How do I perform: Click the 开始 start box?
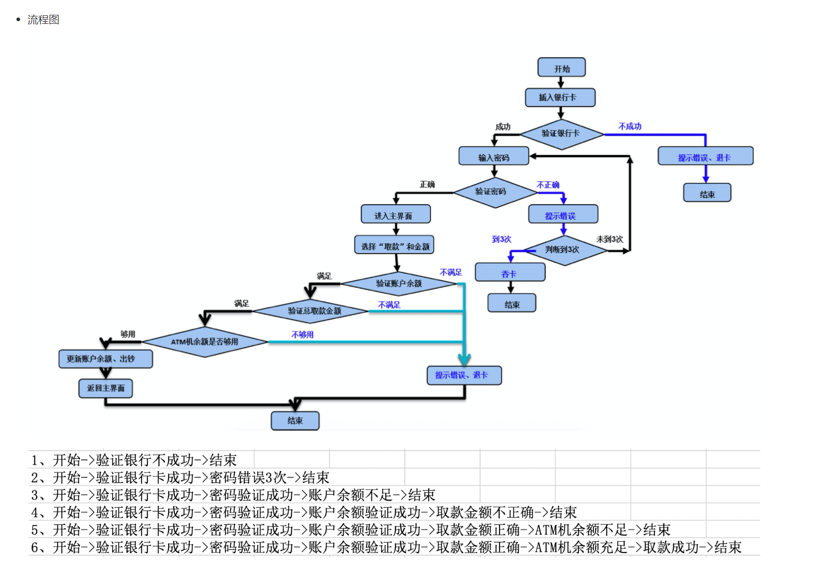tap(561, 68)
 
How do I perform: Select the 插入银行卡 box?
tap(559, 98)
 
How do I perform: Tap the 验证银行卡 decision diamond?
tap(561, 134)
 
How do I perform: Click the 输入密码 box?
tap(493, 156)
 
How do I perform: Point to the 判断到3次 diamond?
tap(563, 250)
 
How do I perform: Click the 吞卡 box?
tap(510, 273)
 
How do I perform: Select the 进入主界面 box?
tap(395, 215)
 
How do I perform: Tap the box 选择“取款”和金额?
tap(394, 245)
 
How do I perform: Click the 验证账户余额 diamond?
tap(398, 284)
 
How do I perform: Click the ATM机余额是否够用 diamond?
tap(205, 342)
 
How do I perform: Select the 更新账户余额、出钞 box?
tap(105, 359)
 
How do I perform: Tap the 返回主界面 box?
tap(105, 388)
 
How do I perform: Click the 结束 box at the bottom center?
tap(295, 420)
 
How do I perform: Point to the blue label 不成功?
tap(629, 126)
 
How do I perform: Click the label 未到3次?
tap(609, 239)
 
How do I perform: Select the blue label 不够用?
tap(302, 335)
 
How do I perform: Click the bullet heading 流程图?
tap(43, 20)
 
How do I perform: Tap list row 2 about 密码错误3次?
tap(180, 477)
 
